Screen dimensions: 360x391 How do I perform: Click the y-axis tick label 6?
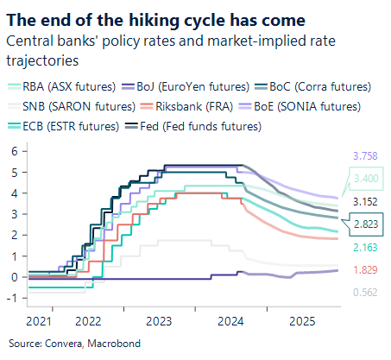tap(13, 151)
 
